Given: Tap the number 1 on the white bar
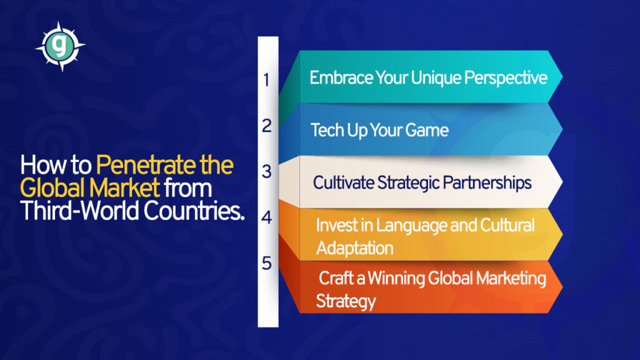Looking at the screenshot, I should coord(266,80).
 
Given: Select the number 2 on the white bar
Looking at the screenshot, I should coord(267,126).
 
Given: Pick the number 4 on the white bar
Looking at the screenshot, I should coord(267,218).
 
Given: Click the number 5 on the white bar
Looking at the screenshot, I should coord(267,264).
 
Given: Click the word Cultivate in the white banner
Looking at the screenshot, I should coord(344,182).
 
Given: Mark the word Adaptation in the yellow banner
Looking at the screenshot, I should coord(354,247).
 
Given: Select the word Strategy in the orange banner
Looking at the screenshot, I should coord(346,301).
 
